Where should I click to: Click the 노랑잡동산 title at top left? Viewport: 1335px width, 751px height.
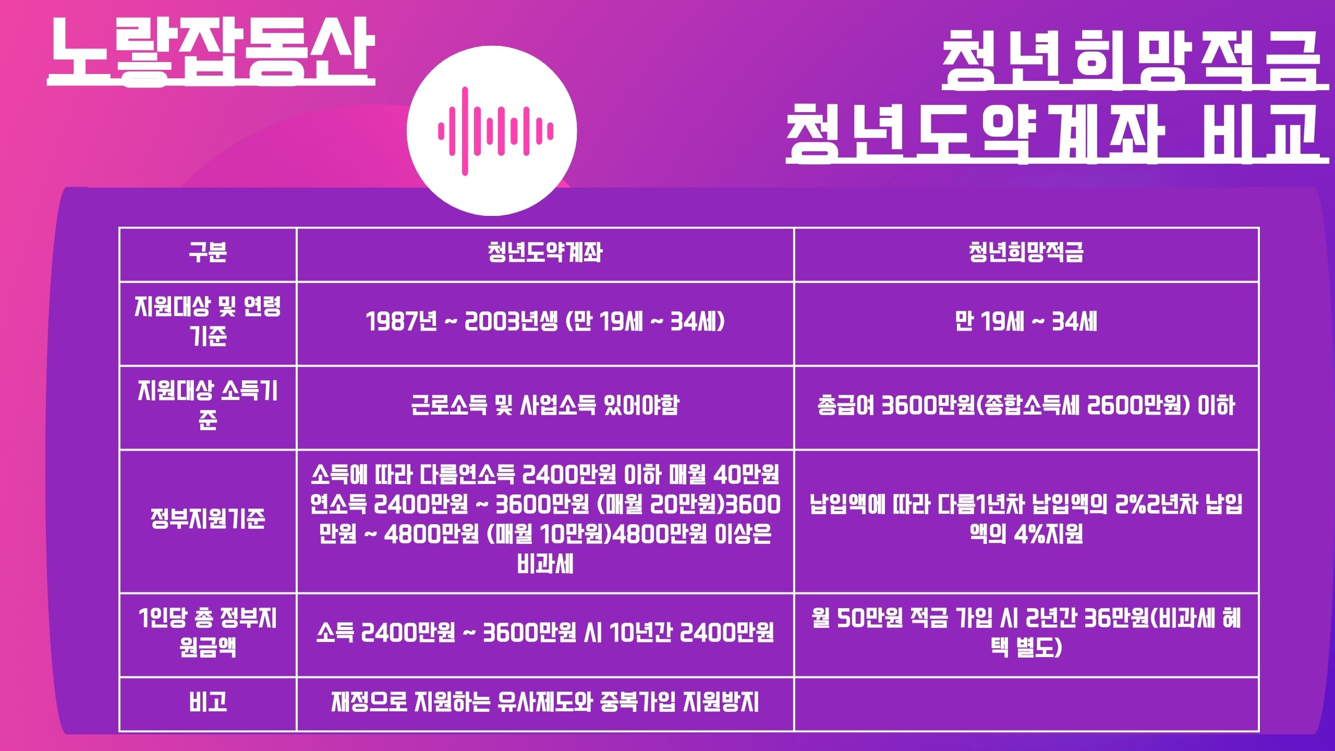coord(211,52)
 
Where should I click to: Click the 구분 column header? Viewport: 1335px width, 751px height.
coord(208,253)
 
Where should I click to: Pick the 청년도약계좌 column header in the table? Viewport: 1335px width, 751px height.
coord(545,253)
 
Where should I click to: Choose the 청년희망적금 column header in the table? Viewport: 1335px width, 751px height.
coord(1026,253)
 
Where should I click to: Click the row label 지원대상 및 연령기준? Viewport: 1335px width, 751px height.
coord(208,321)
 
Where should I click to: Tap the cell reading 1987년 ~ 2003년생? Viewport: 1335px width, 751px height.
coord(545,322)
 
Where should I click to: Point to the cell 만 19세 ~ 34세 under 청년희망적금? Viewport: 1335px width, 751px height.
coord(1026,322)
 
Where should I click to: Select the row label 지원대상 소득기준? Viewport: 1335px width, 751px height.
coord(208,405)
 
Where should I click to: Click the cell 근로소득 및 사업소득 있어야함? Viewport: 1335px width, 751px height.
coord(545,405)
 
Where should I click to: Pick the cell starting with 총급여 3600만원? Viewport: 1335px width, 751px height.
coord(1026,405)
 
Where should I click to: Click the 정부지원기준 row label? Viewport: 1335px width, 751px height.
coord(208,519)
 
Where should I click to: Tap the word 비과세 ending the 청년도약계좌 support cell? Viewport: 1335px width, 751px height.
coord(545,564)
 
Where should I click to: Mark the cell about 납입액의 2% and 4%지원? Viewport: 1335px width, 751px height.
coord(1026,519)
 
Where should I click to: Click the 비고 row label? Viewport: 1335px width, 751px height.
coord(208,702)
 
